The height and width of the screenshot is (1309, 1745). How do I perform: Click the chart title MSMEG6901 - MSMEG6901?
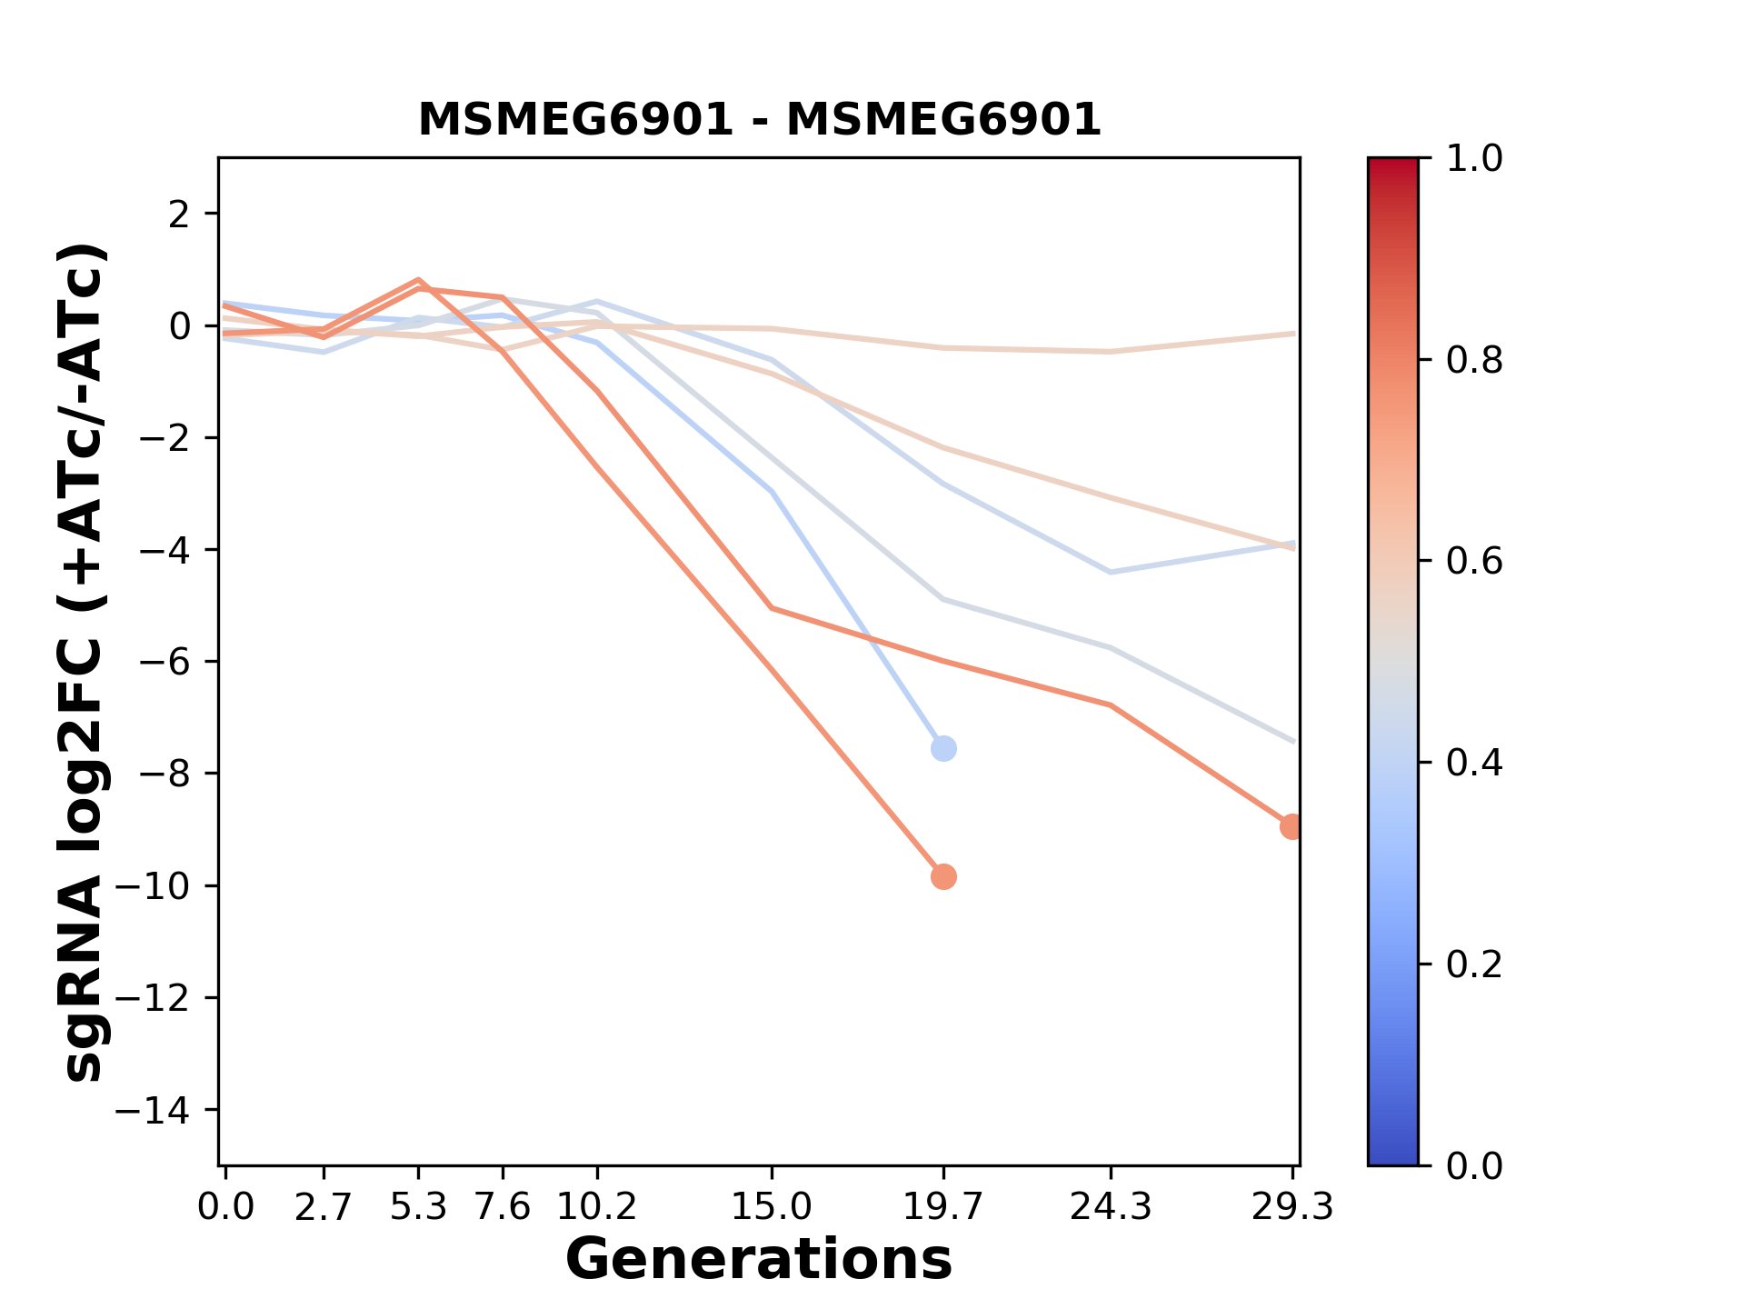click(759, 120)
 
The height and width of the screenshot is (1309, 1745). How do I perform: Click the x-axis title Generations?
click(759, 1260)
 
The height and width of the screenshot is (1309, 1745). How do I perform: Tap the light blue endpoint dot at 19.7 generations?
click(943, 749)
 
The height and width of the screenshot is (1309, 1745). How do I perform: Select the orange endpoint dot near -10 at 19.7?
click(943, 877)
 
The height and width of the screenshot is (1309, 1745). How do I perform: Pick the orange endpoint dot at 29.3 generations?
click(1291, 827)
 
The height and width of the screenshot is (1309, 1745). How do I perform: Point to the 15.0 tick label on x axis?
click(771, 1207)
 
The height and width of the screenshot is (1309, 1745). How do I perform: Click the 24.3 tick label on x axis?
click(1111, 1207)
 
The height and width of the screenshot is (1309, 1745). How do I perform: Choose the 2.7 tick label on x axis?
click(324, 1207)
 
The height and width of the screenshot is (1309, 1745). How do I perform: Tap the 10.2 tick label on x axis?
click(596, 1207)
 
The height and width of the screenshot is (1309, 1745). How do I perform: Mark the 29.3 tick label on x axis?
click(1292, 1207)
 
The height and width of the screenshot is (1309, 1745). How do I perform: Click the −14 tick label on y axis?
click(164, 1110)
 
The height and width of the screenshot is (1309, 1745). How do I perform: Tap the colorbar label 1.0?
click(1474, 159)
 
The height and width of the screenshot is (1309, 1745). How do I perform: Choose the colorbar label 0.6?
click(1474, 562)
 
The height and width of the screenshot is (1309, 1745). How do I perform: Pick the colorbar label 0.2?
click(1474, 964)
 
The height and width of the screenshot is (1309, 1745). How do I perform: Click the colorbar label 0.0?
click(1474, 1165)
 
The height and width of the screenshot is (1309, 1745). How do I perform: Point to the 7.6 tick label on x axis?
click(503, 1207)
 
